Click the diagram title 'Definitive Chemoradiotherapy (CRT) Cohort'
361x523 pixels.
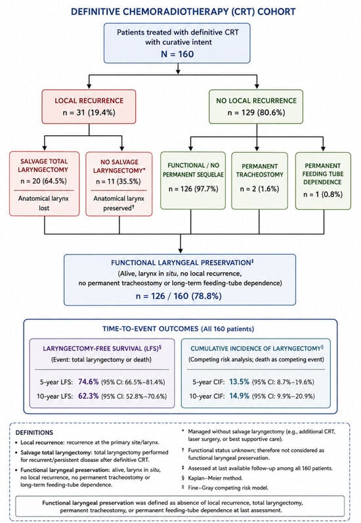(183, 12)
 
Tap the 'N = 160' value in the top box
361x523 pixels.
(177, 54)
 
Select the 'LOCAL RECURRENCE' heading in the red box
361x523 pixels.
(89, 101)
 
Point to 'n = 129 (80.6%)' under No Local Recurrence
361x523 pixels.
(256, 113)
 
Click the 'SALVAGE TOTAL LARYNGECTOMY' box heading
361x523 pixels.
(44, 165)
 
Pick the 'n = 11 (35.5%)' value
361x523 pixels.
(118, 182)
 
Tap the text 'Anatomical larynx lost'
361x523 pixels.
(44, 203)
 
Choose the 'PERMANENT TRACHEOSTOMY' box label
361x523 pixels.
(259, 171)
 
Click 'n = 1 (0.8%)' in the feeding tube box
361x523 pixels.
(323, 194)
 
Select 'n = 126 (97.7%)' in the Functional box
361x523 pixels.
(193, 189)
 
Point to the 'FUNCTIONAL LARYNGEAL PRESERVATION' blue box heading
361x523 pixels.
(181, 263)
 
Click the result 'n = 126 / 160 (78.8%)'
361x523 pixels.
(179, 296)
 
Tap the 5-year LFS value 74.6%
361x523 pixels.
(89, 381)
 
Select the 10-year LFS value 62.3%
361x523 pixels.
(89, 396)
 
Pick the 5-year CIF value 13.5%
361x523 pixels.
(239, 381)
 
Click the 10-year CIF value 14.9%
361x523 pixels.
(239, 396)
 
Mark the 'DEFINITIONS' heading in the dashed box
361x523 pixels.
(34, 432)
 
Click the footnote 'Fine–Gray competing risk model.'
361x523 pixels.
(228, 488)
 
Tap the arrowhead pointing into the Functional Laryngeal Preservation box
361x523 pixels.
(180, 251)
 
